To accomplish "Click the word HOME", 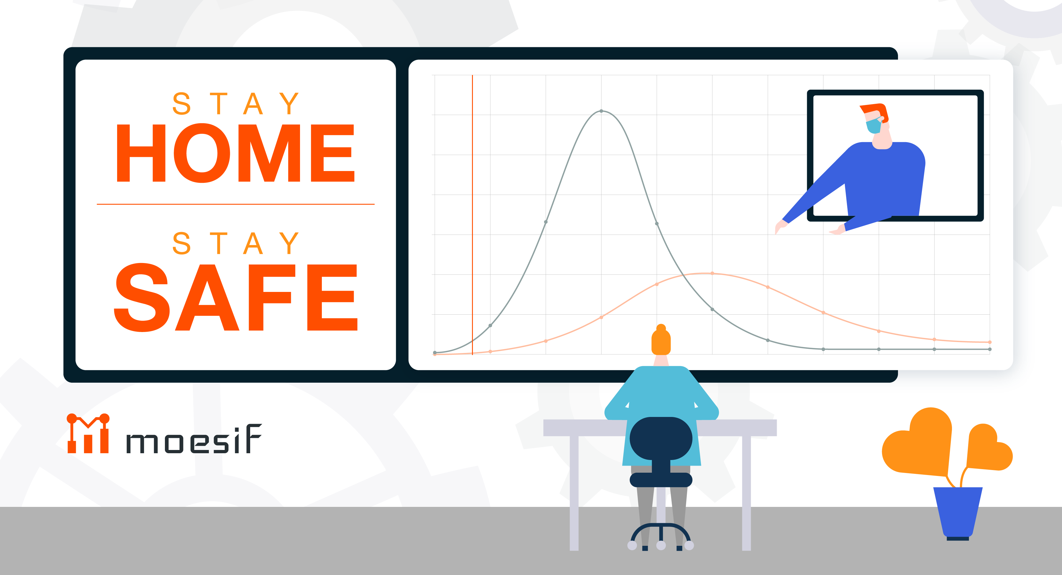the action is click(235, 153).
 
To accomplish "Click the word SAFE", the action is click(235, 297).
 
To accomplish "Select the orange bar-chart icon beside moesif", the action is click(88, 434).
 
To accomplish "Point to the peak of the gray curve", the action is click(602, 111).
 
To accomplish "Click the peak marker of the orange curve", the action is click(712, 273).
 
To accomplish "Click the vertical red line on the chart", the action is click(473, 215).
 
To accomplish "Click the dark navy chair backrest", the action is click(661, 438).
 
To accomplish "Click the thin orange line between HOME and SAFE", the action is click(235, 204).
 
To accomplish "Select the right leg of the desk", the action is click(746, 493).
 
